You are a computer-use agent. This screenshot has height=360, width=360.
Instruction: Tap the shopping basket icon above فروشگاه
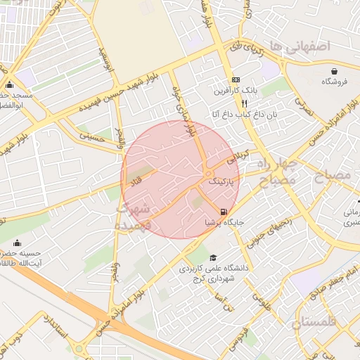point(334,71)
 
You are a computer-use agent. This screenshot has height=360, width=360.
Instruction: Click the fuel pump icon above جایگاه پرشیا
point(224,211)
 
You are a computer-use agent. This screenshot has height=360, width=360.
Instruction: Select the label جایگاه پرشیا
point(224,222)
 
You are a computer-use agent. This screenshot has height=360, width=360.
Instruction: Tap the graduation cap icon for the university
point(213,257)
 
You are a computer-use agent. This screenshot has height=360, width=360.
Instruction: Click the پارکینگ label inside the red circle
point(223,181)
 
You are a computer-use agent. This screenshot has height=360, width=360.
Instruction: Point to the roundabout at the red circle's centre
point(209,173)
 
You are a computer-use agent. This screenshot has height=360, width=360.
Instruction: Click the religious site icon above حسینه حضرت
point(11,240)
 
